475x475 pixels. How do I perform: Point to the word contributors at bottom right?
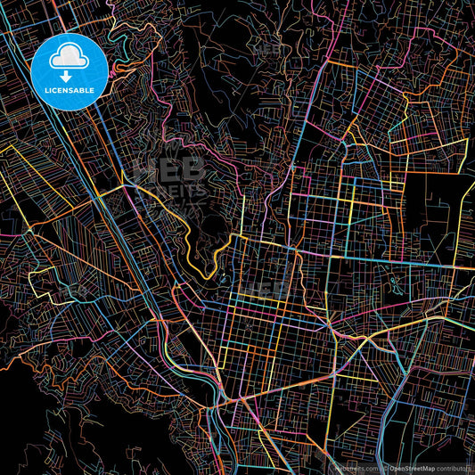[x=455, y=468]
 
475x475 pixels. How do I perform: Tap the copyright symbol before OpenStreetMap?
[x=385, y=468]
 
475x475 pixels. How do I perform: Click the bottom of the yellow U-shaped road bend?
[x=207, y=273]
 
